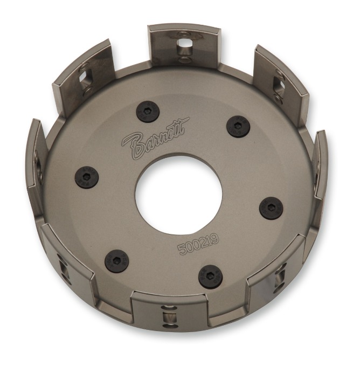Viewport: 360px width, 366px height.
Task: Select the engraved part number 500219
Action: click(x=198, y=244)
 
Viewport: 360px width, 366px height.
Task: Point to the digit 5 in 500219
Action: click(x=182, y=249)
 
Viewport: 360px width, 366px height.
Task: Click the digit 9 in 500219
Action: click(x=215, y=239)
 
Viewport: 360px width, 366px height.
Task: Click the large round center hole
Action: click(x=179, y=194)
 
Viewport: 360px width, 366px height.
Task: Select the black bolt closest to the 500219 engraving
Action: click(x=210, y=277)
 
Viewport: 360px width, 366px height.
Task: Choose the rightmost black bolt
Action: click(x=272, y=208)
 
